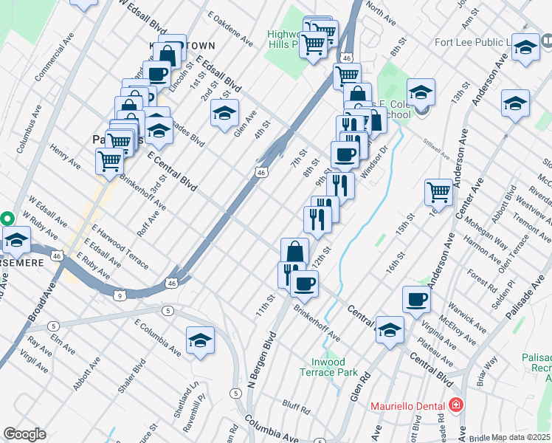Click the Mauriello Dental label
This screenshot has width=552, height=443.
[407, 405]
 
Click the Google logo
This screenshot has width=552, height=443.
[24, 434]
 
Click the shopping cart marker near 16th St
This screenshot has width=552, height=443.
[438, 192]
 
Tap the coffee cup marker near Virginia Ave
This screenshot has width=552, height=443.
[416, 299]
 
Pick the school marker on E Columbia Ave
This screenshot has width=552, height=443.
[200, 340]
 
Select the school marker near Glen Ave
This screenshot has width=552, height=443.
[224, 114]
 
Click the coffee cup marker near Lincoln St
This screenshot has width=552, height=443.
[156, 74]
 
